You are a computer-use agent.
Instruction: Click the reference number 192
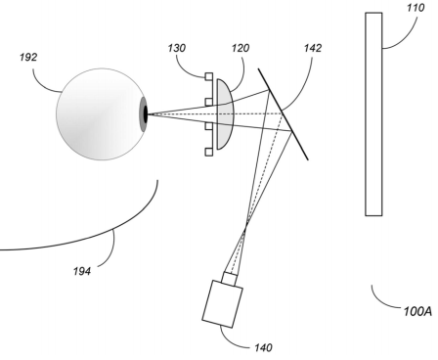[x=28, y=58]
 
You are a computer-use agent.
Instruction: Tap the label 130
[x=177, y=48]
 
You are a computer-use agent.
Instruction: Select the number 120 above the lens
[x=241, y=48]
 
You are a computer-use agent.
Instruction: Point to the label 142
[x=313, y=48]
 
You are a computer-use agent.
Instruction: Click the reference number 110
[x=416, y=8]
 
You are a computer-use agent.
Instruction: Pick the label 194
[x=82, y=271]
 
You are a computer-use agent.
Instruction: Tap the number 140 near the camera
[x=263, y=348]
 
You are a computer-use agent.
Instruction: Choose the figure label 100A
[x=418, y=311]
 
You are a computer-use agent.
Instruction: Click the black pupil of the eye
[x=146, y=114]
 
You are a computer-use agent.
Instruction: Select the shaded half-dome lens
[x=225, y=114]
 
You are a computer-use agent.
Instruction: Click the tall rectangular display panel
[x=373, y=114]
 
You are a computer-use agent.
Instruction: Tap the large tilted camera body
[x=223, y=304]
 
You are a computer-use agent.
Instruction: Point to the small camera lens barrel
[x=230, y=279]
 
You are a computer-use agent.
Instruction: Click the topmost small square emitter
[x=208, y=76]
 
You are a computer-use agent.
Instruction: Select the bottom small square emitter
[x=208, y=152]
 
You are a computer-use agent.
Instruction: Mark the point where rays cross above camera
[x=246, y=224]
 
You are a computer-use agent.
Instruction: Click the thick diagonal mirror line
[x=284, y=114]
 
